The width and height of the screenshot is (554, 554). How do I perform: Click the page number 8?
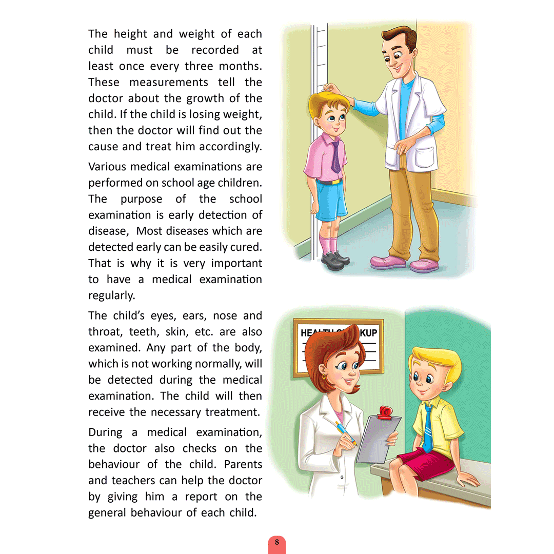pos(277,542)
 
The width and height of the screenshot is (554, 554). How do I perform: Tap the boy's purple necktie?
pos(335,157)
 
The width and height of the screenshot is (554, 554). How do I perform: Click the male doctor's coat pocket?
pos(426,154)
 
